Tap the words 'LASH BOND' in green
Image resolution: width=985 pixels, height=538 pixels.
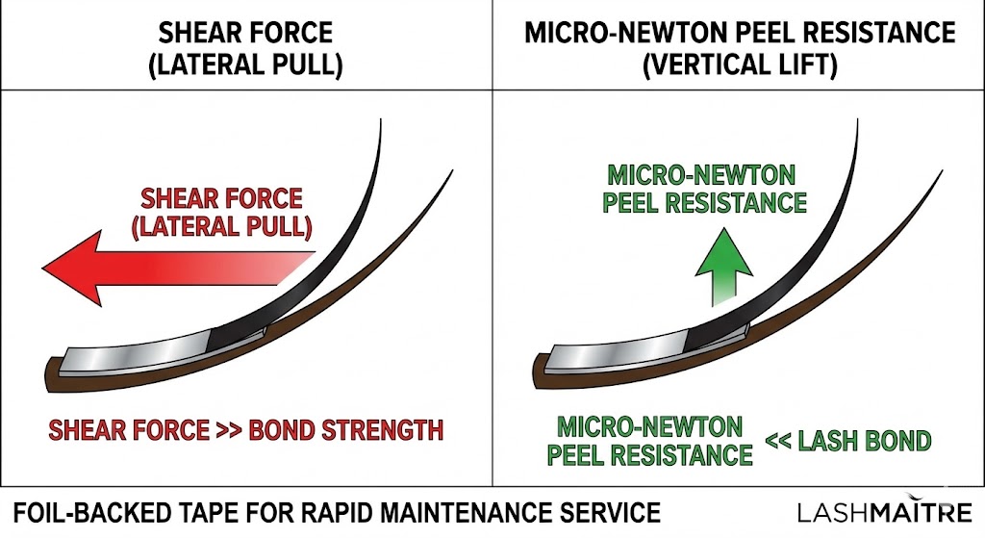point(863,442)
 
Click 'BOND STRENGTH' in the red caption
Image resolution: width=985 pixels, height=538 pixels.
point(346,429)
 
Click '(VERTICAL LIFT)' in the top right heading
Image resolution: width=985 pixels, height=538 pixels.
point(740,65)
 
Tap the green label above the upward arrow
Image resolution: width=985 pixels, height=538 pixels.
point(706,189)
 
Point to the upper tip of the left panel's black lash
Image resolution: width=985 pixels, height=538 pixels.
point(382,121)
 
